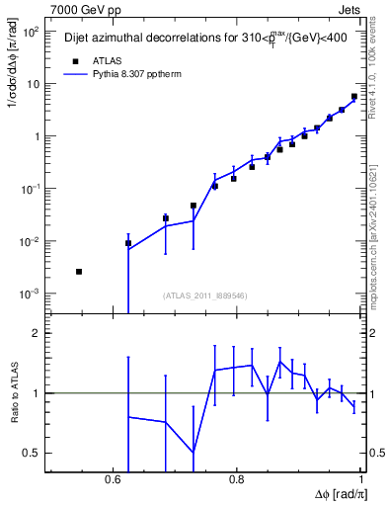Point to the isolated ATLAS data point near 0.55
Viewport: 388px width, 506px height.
[79, 271]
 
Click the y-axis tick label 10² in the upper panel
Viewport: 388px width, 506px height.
[30, 32]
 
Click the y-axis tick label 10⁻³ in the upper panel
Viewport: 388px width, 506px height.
[30, 295]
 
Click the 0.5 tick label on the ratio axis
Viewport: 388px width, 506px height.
[33, 454]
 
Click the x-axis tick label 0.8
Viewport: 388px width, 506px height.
[237, 478]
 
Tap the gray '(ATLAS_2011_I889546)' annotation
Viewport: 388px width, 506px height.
[204, 295]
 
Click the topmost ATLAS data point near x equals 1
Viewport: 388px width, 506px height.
[354, 97]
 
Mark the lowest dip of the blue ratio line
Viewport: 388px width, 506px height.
[194, 452]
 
